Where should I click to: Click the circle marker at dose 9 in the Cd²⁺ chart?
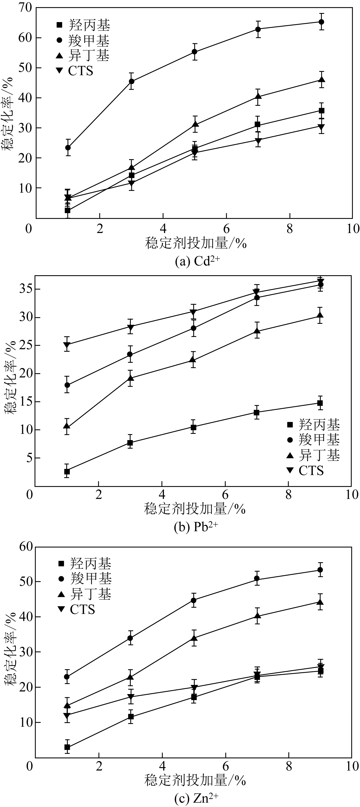pyautogui.click(x=321, y=22)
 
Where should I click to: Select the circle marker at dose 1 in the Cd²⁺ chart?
pyautogui.click(x=68, y=148)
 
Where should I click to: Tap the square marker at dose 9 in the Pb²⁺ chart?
pyautogui.click(x=320, y=403)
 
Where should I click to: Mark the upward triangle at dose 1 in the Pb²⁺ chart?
pyautogui.click(x=67, y=426)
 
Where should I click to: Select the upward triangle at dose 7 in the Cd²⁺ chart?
pyautogui.click(x=258, y=96)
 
